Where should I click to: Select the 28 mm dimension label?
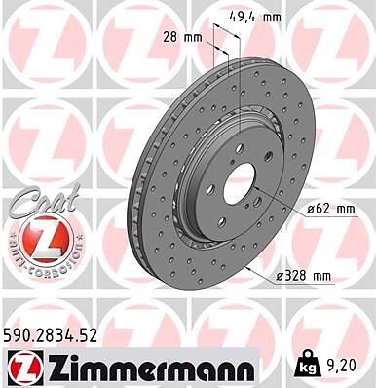(x=182, y=38)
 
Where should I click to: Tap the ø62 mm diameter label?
(x=331, y=209)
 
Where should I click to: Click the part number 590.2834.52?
(x=51, y=336)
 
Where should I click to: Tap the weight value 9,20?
(x=344, y=366)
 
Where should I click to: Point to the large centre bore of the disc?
(x=240, y=184)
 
